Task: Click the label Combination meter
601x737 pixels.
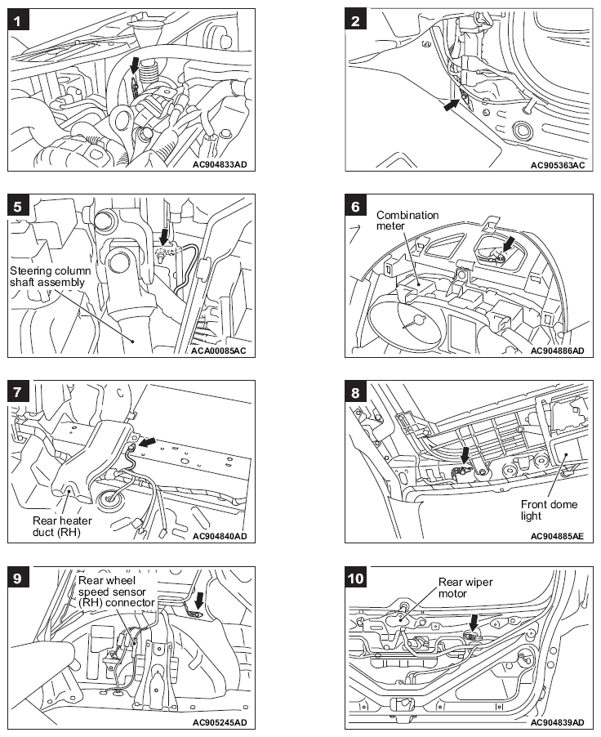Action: pyautogui.click(x=407, y=221)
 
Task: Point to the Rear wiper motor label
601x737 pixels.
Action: pyautogui.click(x=465, y=588)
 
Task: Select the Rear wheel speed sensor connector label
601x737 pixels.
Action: pyautogui.click(x=116, y=592)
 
